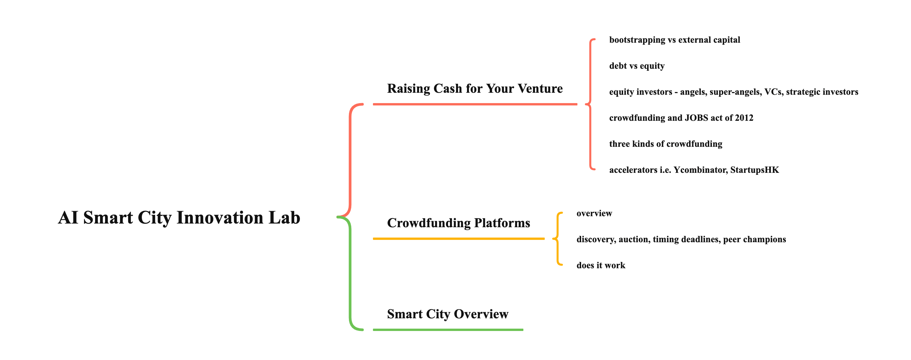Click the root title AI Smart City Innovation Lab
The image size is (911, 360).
(179, 218)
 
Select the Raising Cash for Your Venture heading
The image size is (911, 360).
(475, 88)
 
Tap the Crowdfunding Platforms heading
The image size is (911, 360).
(458, 223)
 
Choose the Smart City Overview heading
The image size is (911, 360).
(447, 314)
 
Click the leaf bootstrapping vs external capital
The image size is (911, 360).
(674, 40)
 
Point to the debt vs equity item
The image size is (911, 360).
(636, 66)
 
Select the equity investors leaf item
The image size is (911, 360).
(734, 92)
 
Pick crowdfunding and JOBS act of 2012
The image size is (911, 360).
(681, 118)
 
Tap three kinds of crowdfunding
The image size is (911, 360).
(665, 144)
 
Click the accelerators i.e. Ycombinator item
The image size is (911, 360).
(694, 170)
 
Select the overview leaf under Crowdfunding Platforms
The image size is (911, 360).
(594, 214)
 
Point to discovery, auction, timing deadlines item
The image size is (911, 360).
(681, 240)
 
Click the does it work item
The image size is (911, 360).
(600, 266)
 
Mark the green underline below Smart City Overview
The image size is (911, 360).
(448, 330)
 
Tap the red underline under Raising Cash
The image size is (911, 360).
(475, 104)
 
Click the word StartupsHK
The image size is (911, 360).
(754, 170)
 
